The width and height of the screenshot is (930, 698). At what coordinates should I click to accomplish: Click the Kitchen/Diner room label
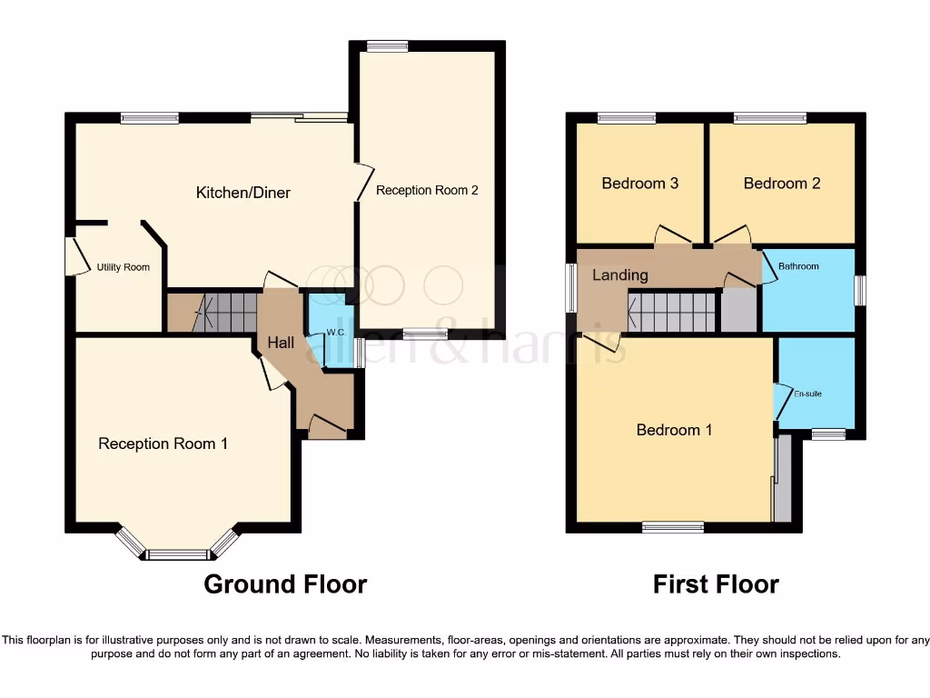[x=243, y=193]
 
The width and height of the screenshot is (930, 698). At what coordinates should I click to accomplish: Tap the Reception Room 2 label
[x=427, y=191]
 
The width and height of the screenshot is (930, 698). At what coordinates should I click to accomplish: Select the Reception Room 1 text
[x=163, y=444]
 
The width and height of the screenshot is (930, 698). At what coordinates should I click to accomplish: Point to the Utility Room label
[x=124, y=267]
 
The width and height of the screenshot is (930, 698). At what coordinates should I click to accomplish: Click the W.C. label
[x=336, y=333]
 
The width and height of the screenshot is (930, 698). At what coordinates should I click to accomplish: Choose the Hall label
[x=281, y=343]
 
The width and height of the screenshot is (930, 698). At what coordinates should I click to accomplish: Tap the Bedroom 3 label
[x=640, y=184]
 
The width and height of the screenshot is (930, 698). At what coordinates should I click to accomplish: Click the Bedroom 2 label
[x=782, y=184]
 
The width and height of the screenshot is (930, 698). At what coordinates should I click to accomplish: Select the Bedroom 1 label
[x=674, y=430]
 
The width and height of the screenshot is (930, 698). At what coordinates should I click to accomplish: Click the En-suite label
[x=807, y=394]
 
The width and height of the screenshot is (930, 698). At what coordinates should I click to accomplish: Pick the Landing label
[x=620, y=274]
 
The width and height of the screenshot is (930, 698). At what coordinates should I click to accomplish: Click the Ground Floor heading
[x=285, y=583]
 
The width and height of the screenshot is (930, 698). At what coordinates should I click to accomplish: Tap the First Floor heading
[x=716, y=583]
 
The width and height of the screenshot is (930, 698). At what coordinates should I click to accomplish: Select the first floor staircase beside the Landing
[x=673, y=312]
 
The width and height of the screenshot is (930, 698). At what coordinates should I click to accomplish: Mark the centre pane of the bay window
[x=178, y=554]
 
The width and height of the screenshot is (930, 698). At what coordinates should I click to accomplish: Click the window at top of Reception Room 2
[x=388, y=46]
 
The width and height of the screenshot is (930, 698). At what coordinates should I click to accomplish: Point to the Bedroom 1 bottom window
[x=673, y=526]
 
